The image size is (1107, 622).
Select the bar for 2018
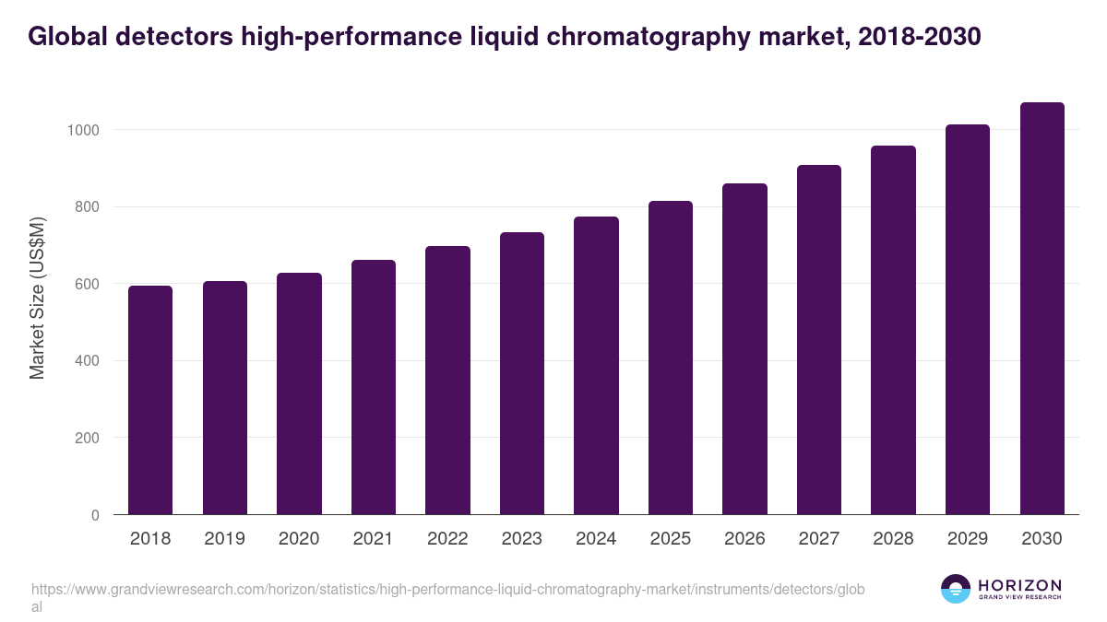coord(150,400)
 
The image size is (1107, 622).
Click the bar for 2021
coord(373,387)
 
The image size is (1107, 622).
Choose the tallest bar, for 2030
coord(1042,309)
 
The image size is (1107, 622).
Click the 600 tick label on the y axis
coord(86,284)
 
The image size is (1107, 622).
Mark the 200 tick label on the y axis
coord(86,438)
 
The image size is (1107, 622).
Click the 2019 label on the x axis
coord(225,539)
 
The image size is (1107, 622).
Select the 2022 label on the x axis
coord(447,539)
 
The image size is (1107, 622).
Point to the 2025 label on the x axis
coord(671,539)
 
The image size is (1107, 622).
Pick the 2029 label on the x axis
coord(968,539)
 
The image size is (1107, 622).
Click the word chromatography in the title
coord(646,37)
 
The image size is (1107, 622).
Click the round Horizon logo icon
coord(956,589)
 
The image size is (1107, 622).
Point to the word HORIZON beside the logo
coord(1019,585)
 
